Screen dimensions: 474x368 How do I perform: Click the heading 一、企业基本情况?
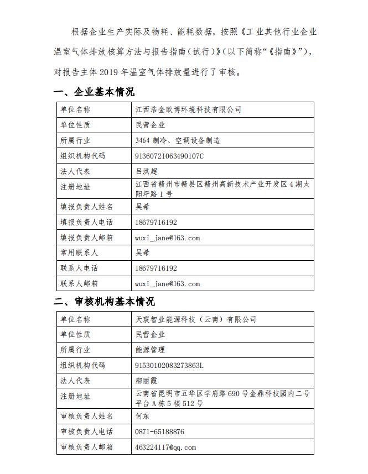point(94,92)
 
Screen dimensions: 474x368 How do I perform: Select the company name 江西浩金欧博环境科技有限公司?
point(188,110)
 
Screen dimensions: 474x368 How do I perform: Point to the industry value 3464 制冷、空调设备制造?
point(178,141)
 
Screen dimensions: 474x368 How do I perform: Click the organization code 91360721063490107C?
point(169,156)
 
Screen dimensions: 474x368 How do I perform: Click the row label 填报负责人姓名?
point(86,207)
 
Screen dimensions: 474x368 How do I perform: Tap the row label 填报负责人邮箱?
point(86,238)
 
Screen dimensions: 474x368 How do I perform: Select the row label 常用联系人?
point(79,253)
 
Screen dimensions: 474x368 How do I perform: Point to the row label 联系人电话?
point(79,268)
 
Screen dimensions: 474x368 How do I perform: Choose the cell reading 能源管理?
point(150,350)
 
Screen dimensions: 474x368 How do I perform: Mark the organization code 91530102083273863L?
point(169,365)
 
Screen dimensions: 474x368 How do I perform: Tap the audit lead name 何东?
point(143,416)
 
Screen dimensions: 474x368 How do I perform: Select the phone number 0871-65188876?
point(159,431)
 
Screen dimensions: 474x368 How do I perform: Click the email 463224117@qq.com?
point(165,447)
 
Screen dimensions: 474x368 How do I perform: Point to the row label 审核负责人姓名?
point(86,416)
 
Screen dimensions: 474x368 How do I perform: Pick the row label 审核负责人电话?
point(86,431)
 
